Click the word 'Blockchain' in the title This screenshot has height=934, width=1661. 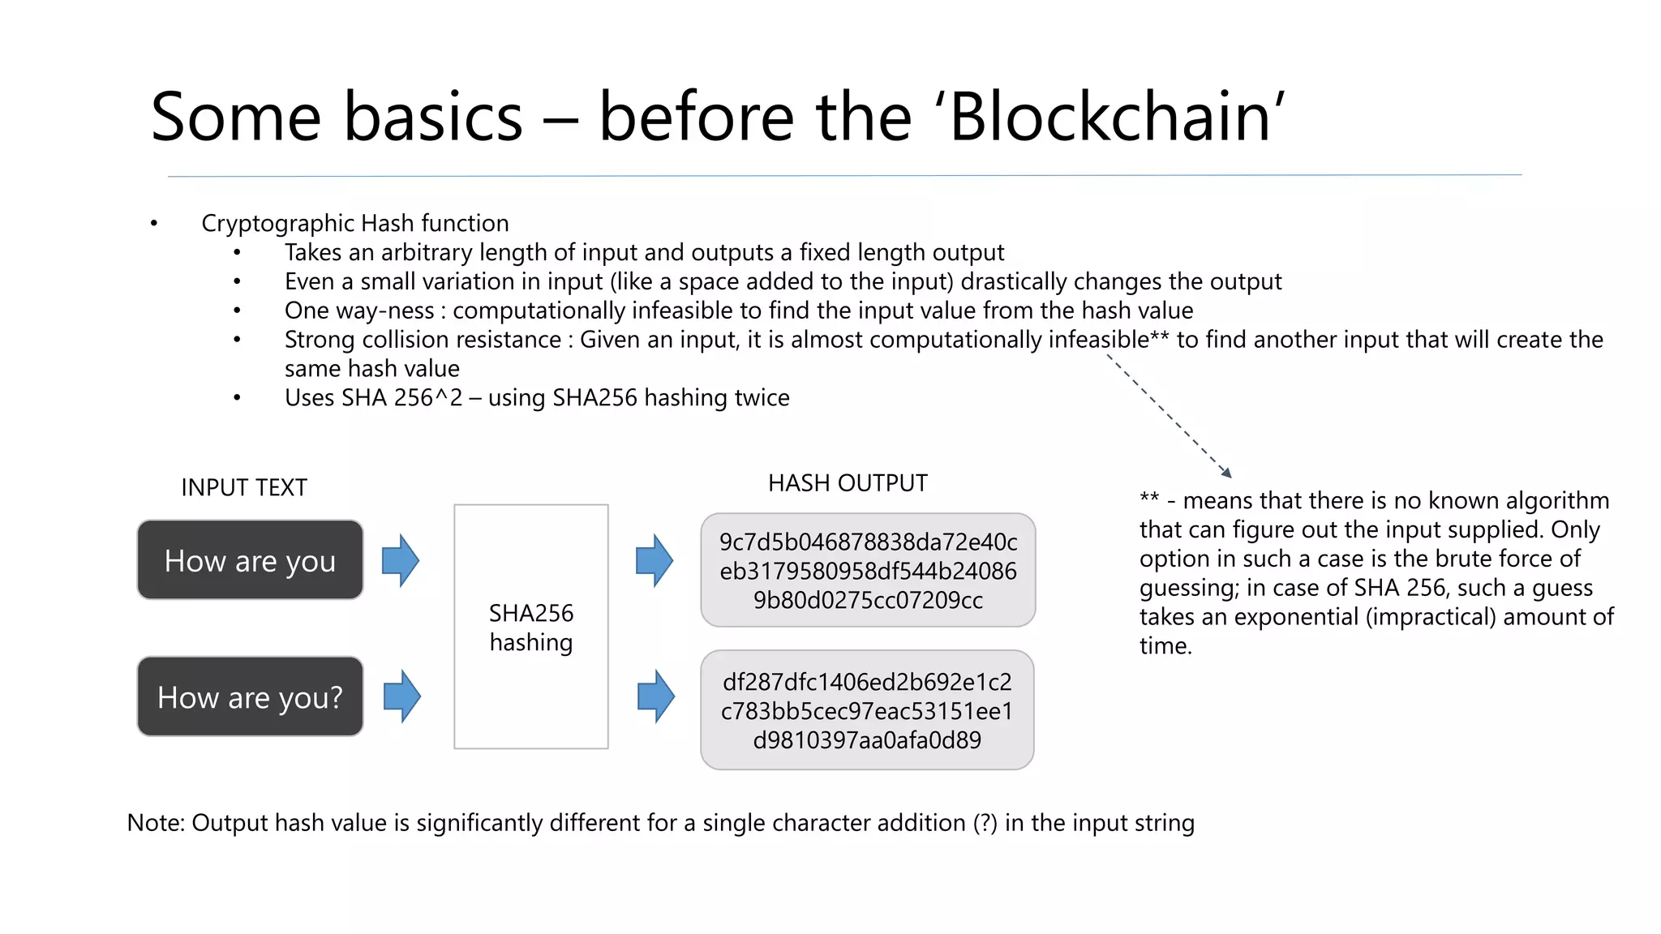click(x=1109, y=117)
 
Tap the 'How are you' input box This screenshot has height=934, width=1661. click(x=250, y=560)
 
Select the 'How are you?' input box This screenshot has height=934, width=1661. click(x=250, y=696)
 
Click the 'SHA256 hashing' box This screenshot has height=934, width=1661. click(x=531, y=627)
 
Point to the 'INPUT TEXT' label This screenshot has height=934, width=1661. click(x=244, y=487)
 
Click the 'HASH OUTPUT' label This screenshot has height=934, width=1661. click(x=848, y=483)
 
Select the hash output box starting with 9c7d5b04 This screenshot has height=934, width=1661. click(x=868, y=570)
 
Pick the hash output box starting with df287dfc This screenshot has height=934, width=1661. click(x=867, y=710)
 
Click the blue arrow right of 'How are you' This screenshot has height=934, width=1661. click(x=401, y=560)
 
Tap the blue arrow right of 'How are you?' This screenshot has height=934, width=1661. click(x=401, y=696)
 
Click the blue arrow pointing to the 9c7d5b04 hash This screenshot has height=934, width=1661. click(x=655, y=560)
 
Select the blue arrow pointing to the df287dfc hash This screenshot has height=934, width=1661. click(x=655, y=696)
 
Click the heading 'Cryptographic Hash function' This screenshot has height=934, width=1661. click(x=355, y=223)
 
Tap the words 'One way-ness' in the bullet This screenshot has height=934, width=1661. click(x=359, y=311)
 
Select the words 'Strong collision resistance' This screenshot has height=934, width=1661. click(x=423, y=340)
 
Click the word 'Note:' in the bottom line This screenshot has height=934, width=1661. click(x=157, y=823)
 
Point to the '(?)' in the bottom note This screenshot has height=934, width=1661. click(x=985, y=823)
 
